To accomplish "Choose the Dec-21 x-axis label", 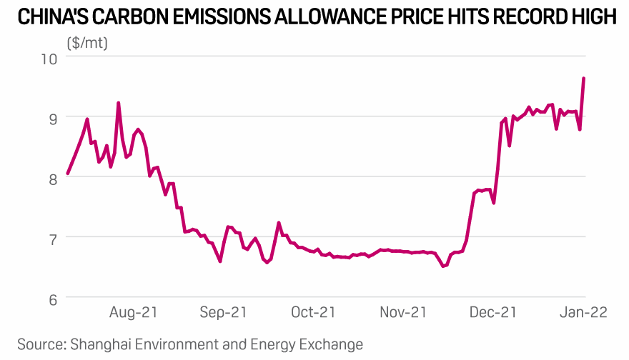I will pos(493,312).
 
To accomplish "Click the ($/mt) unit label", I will pos(87,43).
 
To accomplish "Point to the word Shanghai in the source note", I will pos(99,344).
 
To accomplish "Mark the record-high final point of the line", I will pos(584,79).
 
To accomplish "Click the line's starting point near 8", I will pos(67,173).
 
